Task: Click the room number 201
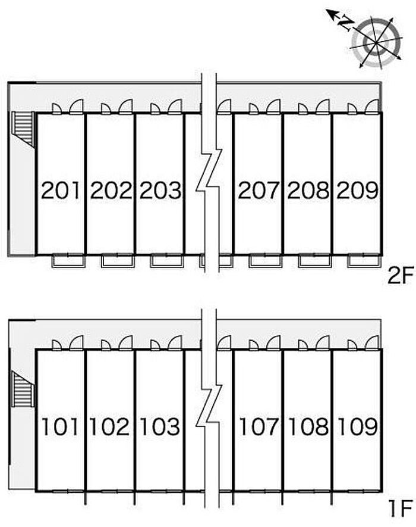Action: (x=61, y=190)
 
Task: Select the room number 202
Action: (x=111, y=190)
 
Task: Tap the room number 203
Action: (x=160, y=190)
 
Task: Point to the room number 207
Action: (x=259, y=190)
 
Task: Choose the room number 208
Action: (x=308, y=190)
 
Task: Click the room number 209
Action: (x=357, y=190)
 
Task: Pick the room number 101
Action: (x=59, y=426)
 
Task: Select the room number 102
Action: (x=109, y=426)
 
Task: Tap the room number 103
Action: (x=160, y=426)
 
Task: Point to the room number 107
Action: (x=258, y=426)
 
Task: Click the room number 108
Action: (x=308, y=426)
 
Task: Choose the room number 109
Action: (x=357, y=426)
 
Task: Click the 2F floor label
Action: (x=399, y=276)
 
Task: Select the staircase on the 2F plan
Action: (x=23, y=129)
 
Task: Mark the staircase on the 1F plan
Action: (x=23, y=389)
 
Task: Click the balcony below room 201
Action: (x=68, y=261)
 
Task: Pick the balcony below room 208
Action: (x=315, y=261)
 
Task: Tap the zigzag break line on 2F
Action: (x=209, y=171)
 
